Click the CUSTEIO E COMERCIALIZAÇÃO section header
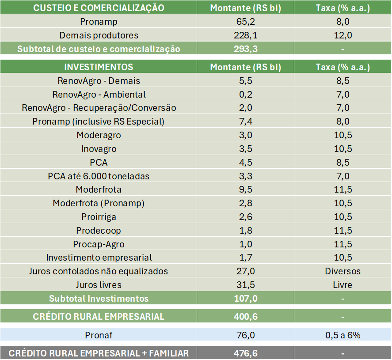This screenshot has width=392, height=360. tap(99, 8)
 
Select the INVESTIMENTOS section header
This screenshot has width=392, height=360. tap(99, 67)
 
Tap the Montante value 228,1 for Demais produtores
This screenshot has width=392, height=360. tap(245, 35)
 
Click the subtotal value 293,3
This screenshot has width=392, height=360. tap(245, 49)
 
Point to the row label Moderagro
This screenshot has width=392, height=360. tap(99, 135)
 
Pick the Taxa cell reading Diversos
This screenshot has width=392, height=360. tap(343, 271)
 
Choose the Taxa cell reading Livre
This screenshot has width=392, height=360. tap(343, 285)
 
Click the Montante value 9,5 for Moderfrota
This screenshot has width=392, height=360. tap(245, 189)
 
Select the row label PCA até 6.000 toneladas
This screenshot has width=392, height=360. tap(99, 176)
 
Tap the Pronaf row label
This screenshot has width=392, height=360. tap(99, 335)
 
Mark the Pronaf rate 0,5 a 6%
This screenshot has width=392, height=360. tap(343, 335)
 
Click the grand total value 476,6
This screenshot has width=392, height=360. tap(245, 353)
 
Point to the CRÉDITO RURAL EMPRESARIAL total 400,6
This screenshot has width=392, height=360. tap(245, 317)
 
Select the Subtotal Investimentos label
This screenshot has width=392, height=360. tap(99, 299)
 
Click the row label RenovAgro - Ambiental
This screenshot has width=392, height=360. tap(99, 95)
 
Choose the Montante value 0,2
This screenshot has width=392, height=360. tap(245, 95)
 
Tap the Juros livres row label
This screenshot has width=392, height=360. tap(99, 285)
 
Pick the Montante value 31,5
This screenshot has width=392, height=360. tap(245, 285)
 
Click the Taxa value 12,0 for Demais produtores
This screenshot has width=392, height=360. tap(343, 35)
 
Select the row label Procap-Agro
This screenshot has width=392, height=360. tap(99, 244)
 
